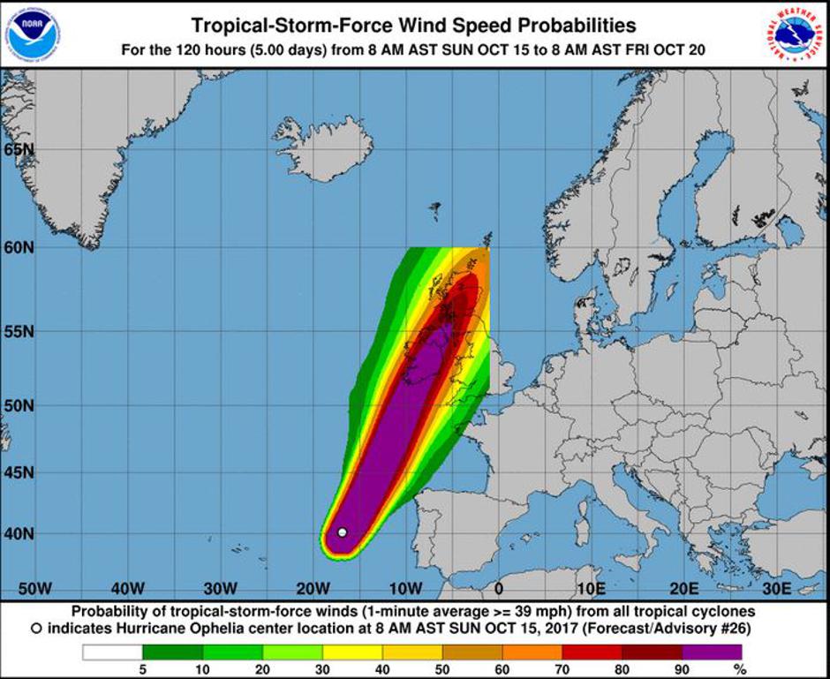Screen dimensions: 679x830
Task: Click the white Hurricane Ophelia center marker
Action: (342, 532)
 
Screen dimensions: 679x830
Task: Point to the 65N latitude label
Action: (18, 149)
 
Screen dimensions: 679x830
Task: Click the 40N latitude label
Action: (18, 533)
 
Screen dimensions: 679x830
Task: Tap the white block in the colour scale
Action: (112, 653)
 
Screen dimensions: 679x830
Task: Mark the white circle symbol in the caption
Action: (36, 629)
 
